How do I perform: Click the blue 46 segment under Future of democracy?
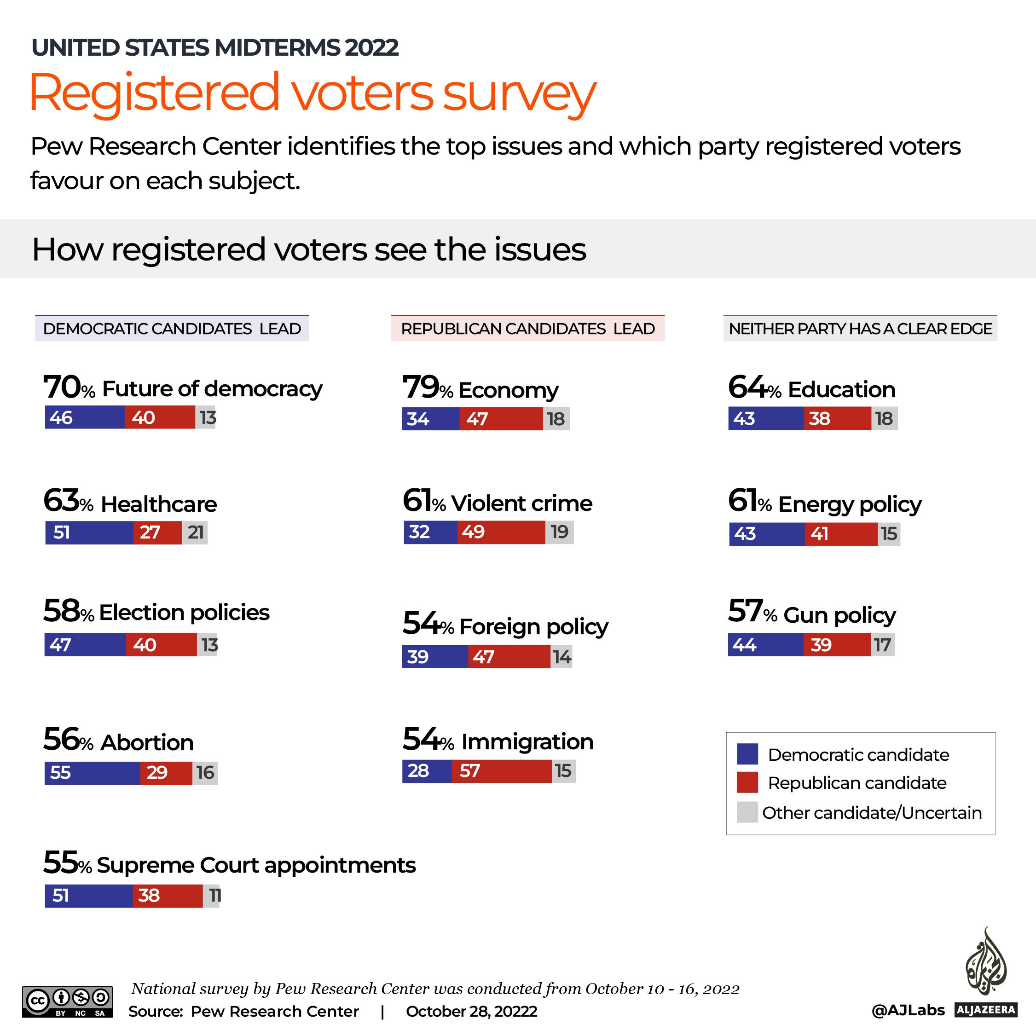(85, 417)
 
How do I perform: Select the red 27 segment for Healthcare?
(158, 532)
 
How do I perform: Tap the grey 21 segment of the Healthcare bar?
(195, 532)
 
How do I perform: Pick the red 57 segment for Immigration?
(501, 771)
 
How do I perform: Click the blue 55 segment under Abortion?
(92, 773)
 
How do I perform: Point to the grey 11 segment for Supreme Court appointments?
(212, 896)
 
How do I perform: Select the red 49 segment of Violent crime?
(501, 532)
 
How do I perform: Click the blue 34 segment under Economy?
(431, 419)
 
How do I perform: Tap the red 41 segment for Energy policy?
(841, 534)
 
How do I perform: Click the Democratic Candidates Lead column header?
(172, 329)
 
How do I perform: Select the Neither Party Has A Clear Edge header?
(860, 329)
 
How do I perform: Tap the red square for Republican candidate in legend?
(747, 782)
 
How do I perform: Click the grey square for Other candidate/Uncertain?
(747, 812)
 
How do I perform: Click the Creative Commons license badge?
(68, 1001)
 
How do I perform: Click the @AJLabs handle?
(908, 1010)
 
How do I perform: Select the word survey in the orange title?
(519, 94)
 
